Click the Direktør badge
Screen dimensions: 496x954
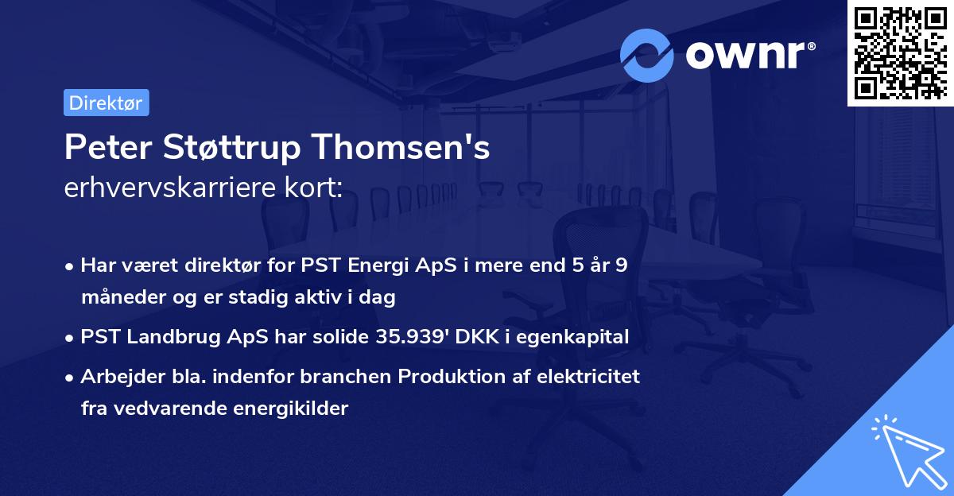106,103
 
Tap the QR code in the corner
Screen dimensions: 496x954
899,52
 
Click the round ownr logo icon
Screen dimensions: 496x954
647,56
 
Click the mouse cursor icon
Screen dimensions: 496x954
906,451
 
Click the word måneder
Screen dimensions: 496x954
119,299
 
